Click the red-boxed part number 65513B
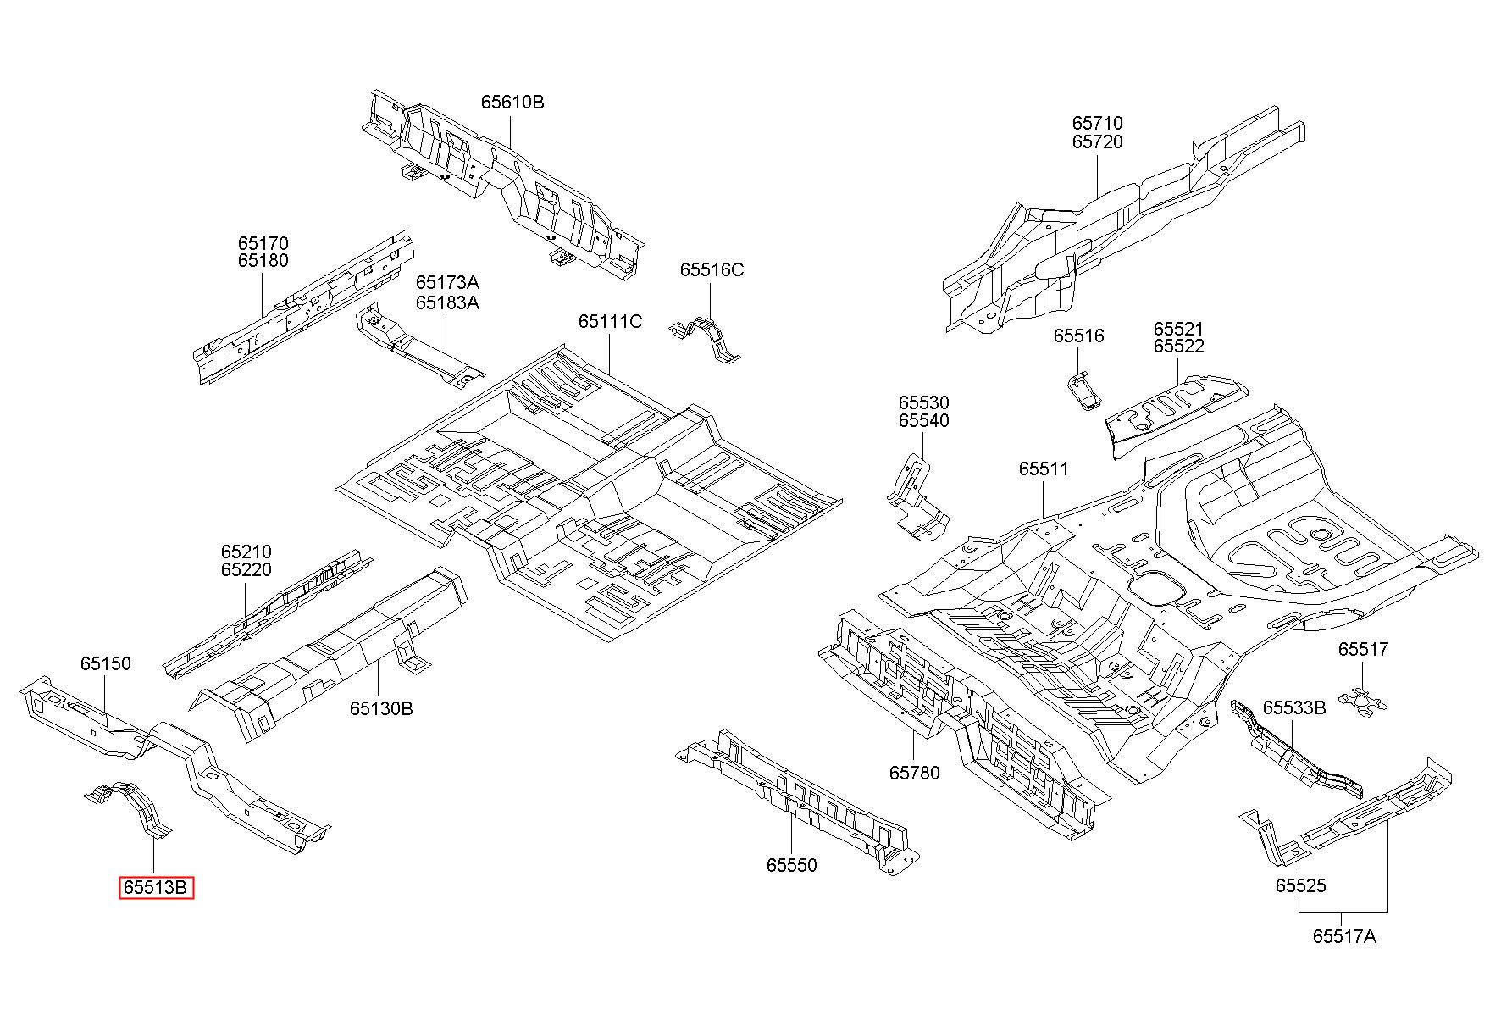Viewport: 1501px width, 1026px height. click(156, 888)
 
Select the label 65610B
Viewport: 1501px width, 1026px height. click(512, 102)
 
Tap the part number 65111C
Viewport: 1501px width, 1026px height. click(610, 322)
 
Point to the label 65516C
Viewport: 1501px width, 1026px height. click(712, 269)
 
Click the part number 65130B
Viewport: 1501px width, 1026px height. click(381, 707)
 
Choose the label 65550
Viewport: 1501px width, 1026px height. click(792, 865)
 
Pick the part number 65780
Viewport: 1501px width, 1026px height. click(914, 773)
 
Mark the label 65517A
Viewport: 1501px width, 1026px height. click(1344, 936)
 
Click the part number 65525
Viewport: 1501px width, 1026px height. click(1301, 885)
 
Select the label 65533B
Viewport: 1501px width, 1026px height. click(1294, 707)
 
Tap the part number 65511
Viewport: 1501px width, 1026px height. click(1044, 469)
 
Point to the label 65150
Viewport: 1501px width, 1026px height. click(106, 663)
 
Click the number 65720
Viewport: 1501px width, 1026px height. click(1098, 141)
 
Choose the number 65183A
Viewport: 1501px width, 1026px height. click(447, 302)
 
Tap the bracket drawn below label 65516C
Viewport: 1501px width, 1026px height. click(707, 339)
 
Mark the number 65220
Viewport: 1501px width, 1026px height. click(246, 569)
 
